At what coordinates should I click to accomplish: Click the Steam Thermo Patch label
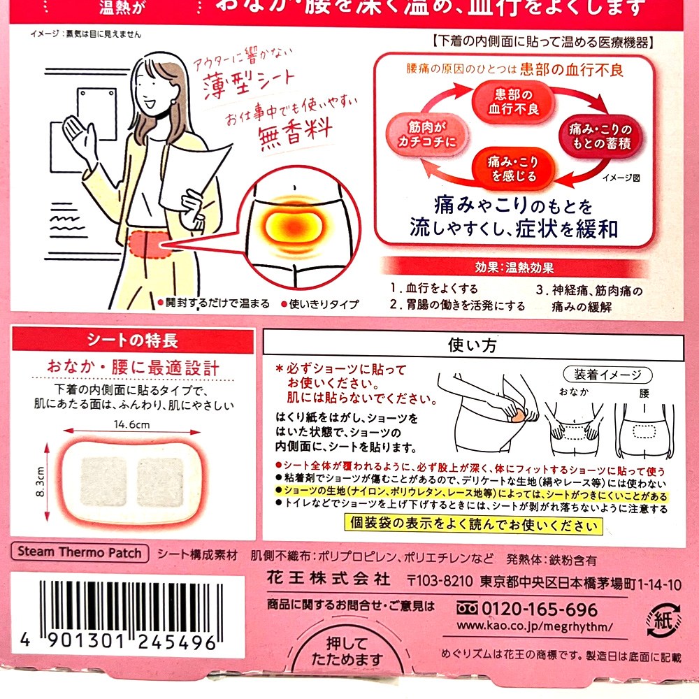coord(80,552)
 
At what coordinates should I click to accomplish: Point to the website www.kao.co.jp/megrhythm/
coord(535,626)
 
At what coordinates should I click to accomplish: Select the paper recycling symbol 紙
coord(664,619)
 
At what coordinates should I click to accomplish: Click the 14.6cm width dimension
coord(131,424)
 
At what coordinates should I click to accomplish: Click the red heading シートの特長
coord(133,340)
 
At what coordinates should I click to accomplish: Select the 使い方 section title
coord(473,345)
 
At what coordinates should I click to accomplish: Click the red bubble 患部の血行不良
coord(513,101)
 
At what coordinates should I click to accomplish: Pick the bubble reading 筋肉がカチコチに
coord(427,134)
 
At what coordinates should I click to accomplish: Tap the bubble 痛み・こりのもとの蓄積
coord(600,136)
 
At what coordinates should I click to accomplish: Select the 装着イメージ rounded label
coord(607,375)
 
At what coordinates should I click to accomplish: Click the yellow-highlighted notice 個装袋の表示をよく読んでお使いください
coord(473,524)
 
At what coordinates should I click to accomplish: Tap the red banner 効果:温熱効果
coord(514,267)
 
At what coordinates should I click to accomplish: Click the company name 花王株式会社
coord(329,579)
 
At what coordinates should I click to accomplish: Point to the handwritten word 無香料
coord(296,131)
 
